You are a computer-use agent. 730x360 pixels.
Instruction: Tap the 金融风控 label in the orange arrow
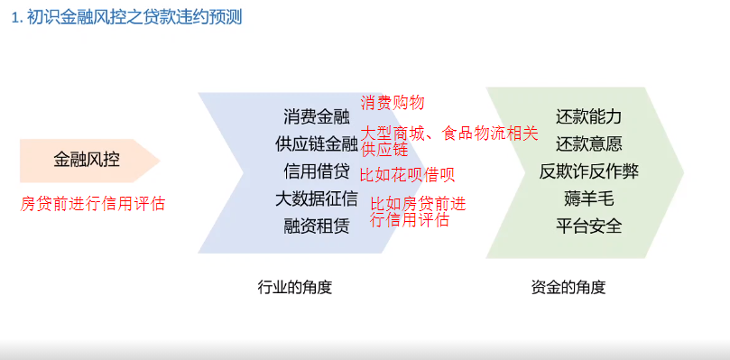[x=87, y=161]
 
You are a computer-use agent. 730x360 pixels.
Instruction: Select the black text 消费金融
[x=317, y=116]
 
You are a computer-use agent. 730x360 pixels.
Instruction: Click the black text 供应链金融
[x=317, y=143]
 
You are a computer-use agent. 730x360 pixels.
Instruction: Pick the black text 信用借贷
[x=317, y=171]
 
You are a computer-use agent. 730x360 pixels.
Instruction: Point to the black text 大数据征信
[x=317, y=198]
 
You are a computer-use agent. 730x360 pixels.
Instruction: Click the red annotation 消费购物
[x=393, y=103]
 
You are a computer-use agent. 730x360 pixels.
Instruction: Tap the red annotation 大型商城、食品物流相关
[x=449, y=134]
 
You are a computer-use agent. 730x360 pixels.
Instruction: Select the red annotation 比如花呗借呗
[x=407, y=175]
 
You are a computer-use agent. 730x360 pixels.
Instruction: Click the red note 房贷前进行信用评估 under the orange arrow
[x=93, y=203]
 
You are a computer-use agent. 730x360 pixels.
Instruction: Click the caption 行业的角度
[x=295, y=288]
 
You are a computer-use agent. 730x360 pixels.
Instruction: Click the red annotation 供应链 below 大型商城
[x=385, y=149]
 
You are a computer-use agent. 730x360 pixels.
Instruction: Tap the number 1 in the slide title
[x=15, y=17]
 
